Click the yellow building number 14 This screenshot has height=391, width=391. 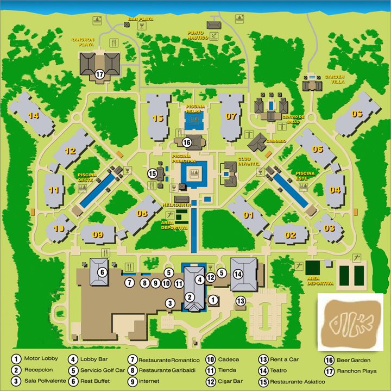(34, 115)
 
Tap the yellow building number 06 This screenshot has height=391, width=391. (357, 114)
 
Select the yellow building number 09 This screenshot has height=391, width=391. (97, 235)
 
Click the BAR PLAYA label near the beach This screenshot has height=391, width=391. (140, 18)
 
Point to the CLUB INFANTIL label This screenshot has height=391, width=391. (249, 161)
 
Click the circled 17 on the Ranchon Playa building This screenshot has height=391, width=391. (99, 75)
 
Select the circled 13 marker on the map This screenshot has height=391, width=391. (240, 301)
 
